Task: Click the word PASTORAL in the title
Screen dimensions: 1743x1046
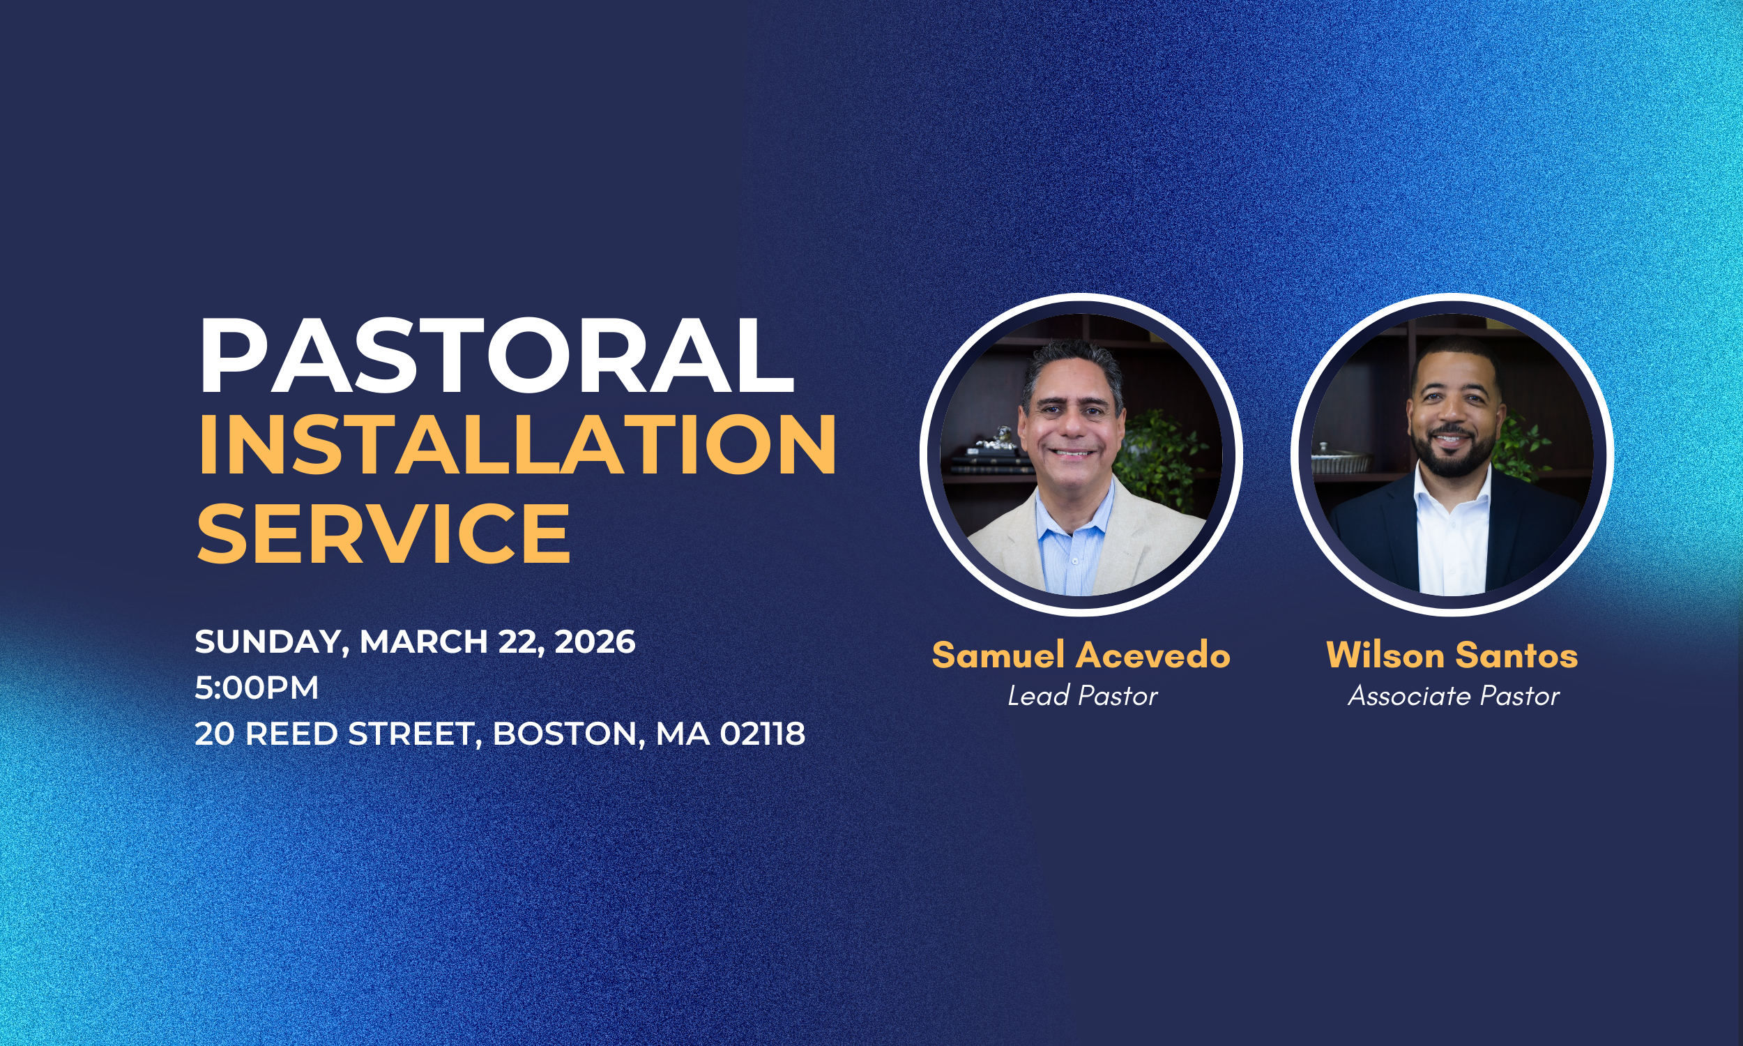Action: point(496,356)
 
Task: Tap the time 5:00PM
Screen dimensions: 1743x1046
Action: point(257,688)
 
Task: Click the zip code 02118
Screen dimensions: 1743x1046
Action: point(762,734)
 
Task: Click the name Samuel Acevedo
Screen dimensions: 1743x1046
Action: point(1081,655)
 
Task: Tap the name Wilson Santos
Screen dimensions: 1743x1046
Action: point(1452,655)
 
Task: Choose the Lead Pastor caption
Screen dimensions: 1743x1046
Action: point(1082,697)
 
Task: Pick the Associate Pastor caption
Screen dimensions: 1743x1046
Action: point(1454,697)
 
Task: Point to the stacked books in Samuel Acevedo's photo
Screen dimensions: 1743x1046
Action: point(983,462)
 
